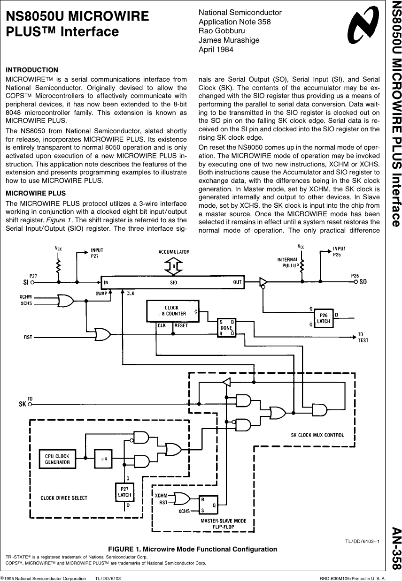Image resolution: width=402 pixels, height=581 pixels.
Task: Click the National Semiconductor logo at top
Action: tap(362, 27)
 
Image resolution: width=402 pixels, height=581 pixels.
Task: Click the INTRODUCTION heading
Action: tap(32, 70)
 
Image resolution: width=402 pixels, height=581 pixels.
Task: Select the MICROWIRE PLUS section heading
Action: tap(36, 193)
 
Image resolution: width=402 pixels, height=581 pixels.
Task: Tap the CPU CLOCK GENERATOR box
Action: tap(57, 459)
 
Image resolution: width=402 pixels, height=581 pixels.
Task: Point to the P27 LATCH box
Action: tap(124, 492)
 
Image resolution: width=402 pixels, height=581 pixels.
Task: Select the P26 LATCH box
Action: tap(324, 318)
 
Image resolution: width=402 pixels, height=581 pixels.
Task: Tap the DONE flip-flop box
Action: tap(227, 327)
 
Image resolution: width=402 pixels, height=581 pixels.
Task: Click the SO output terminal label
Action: tap(363, 282)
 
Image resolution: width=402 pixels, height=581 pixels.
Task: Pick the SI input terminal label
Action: tap(26, 282)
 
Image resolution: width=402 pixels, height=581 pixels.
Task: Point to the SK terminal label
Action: tap(22, 403)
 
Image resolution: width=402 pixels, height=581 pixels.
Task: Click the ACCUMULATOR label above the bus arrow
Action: tap(174, 252)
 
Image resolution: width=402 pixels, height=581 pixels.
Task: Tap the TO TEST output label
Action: tap(363, 337)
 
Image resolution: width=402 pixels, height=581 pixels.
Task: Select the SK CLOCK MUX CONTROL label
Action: tap(317, 435)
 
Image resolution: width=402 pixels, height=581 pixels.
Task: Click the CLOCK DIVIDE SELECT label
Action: tap(64, 498)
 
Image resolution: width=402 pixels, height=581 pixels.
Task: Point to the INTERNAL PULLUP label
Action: tap(287, 262)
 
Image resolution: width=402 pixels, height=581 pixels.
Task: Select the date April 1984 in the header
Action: tap(216, 50)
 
